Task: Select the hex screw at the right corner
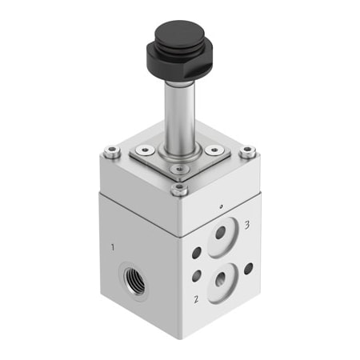(x=248, y=152)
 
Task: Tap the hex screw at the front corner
(x=180, y=190)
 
